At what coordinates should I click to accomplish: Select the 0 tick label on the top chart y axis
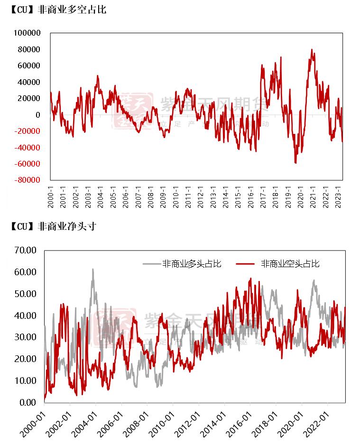pos(38,115)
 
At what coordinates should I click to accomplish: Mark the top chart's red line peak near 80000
pos(312,49)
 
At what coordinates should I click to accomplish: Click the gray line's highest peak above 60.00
pos(93,269)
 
